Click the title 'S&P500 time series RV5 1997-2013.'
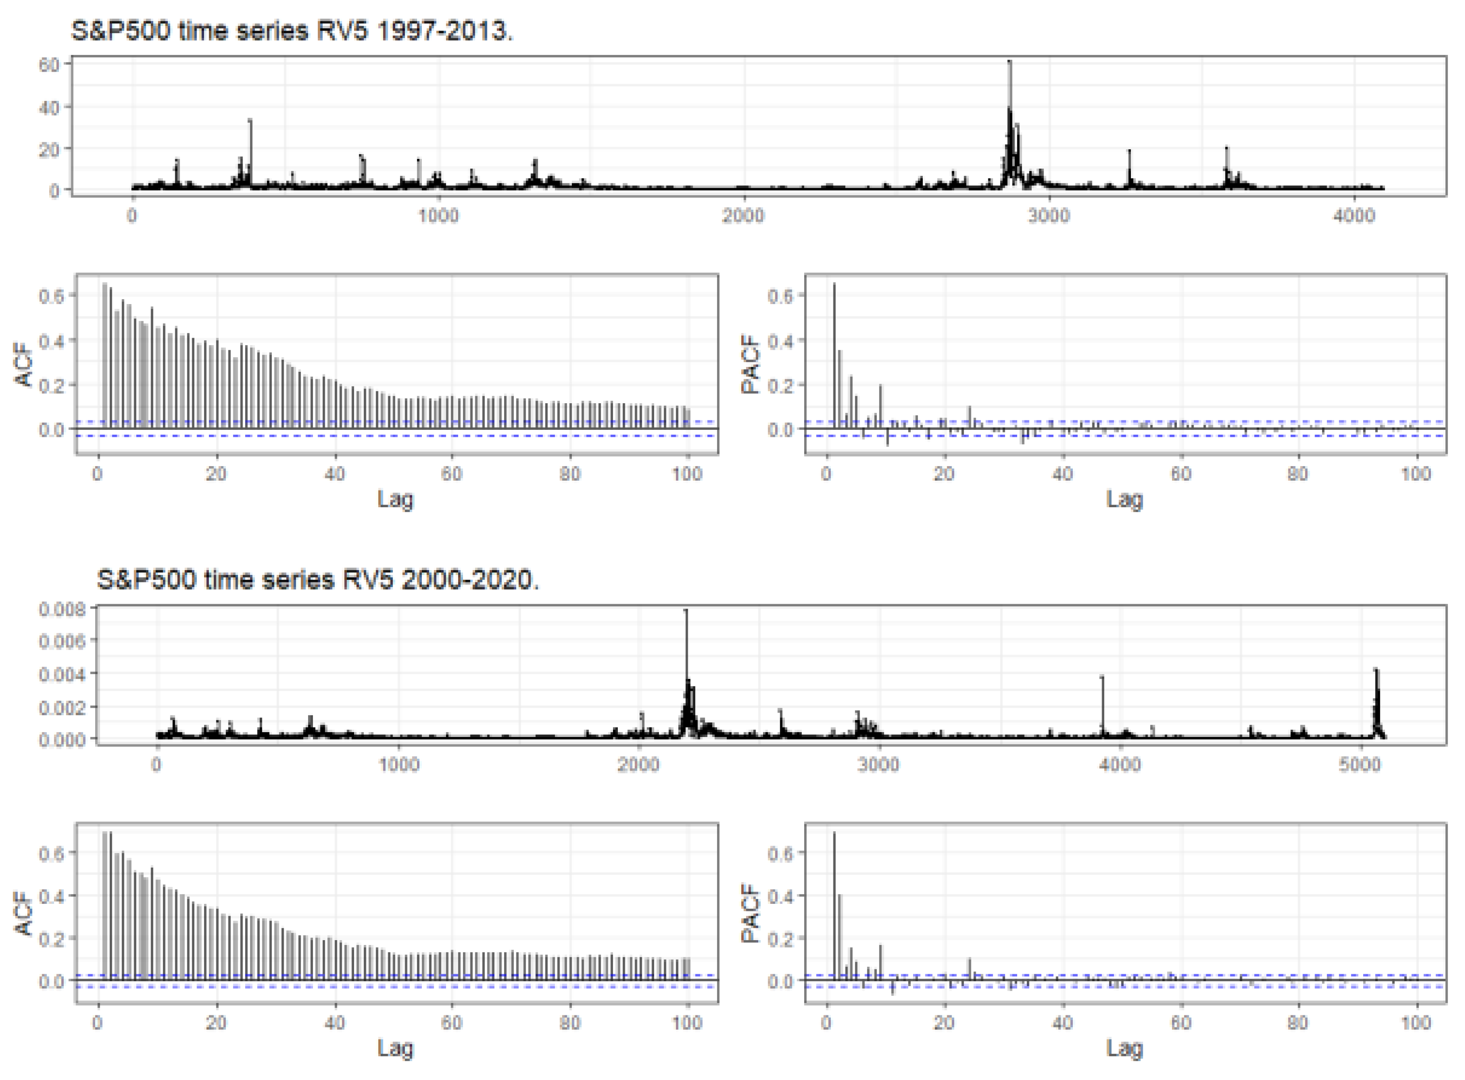292,31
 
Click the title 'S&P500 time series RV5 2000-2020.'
318,580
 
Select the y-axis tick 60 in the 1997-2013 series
49,64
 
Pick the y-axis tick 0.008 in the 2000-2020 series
62,609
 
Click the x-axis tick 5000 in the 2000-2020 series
1360,764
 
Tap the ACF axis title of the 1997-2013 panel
24,363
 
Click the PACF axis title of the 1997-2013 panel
752,363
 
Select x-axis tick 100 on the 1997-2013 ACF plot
687,474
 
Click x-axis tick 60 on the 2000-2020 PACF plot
1180,1022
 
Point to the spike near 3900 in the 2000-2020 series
1102,680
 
